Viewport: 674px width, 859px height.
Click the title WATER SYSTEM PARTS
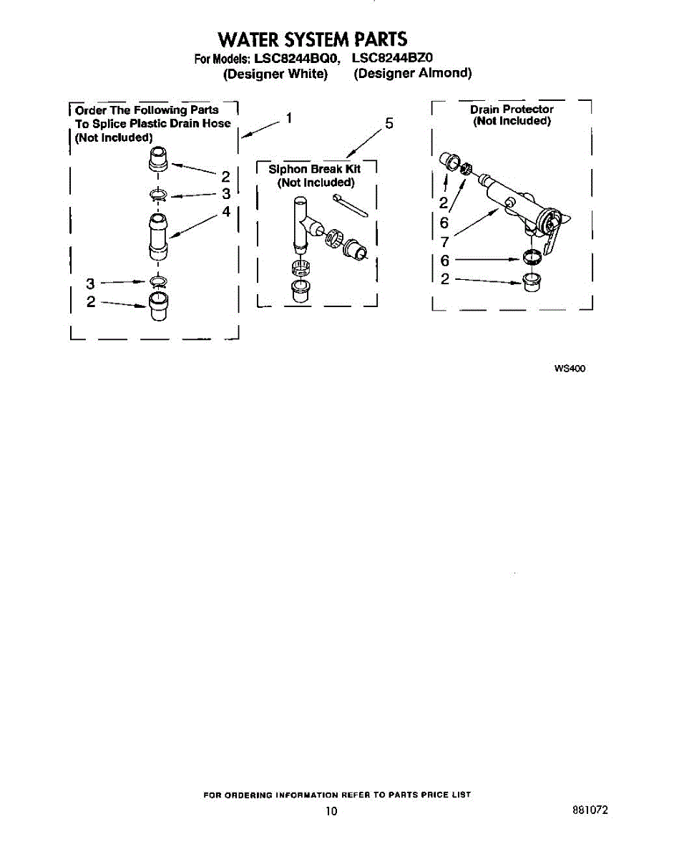(x=313, y=39)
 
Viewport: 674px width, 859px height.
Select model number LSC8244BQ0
(x=296, y=58)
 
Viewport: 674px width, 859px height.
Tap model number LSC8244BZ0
(x=392, y=58)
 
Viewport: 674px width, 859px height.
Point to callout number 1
(x=289, y=118)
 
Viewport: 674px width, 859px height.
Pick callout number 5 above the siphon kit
(x=389, y=124)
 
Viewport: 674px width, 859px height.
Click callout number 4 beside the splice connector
(x=226, y=211)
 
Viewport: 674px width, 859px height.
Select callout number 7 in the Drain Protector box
(x=444, y=241)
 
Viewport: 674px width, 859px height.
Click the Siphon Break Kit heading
(x=315, y=169)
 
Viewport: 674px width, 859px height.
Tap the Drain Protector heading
(x=512, y=109)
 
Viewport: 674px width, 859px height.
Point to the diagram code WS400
(x=570, y=369)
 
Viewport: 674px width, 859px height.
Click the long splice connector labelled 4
(x=158, y=237)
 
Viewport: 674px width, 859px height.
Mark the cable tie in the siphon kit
(x=351, y=205)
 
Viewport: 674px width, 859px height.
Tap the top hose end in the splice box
(x=158, y=159)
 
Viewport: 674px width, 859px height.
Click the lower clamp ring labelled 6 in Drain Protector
(x=532, y=258)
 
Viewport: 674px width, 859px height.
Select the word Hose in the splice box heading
(x=217, y=123)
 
